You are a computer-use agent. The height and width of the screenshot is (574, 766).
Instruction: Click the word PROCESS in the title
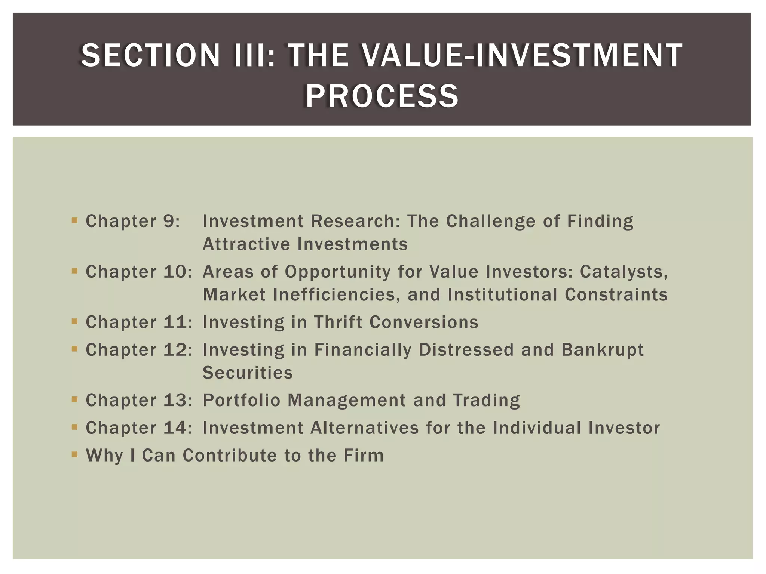pos(382,96)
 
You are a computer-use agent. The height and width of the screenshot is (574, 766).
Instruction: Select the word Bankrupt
pos(602,350)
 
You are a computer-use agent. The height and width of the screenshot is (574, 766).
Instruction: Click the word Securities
pos(248,373)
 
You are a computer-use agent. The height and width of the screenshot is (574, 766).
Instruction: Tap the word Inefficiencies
pos(334,295)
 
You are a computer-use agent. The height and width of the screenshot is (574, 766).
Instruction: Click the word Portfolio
pos(241,400)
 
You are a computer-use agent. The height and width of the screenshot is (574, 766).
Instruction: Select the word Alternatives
pos(364,428)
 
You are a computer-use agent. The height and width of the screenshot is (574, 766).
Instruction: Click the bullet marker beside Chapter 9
pos(74,220)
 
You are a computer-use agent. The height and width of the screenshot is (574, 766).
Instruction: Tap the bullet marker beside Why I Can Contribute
pos(74,455)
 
